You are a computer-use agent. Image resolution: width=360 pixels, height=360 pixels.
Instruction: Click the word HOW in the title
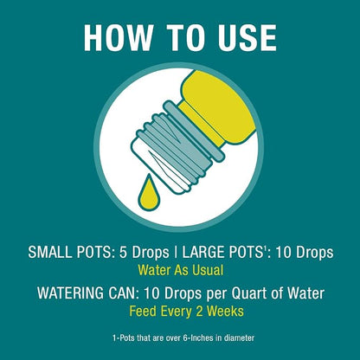coord(119,38)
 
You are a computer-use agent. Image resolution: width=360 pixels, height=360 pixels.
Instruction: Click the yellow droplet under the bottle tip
coord(149,192)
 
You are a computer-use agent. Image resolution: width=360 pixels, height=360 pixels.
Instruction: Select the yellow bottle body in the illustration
coord(218,106)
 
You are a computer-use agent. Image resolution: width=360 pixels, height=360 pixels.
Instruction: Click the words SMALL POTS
coord(70,253)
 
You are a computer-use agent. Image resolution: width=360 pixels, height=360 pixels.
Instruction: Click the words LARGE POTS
coord(222,253)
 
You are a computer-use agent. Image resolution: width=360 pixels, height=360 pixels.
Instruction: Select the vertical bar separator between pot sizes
coord(176,253)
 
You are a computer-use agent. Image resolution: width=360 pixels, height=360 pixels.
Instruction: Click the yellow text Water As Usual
coord(181,271)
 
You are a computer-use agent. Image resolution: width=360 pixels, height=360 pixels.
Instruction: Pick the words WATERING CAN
coord(87,293)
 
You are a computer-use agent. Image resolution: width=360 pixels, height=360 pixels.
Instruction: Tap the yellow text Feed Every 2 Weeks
coord(186,312)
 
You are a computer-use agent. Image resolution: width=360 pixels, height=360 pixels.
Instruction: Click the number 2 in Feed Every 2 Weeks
coord(198,312)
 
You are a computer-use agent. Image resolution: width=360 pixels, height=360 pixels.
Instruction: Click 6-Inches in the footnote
coord(196,337)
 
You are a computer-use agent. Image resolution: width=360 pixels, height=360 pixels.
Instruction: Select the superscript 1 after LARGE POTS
coord(263,248)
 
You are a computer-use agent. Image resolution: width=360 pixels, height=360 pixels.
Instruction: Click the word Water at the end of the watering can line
coord(305,293)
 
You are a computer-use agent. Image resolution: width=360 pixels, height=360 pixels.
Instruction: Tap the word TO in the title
coord(185,38)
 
